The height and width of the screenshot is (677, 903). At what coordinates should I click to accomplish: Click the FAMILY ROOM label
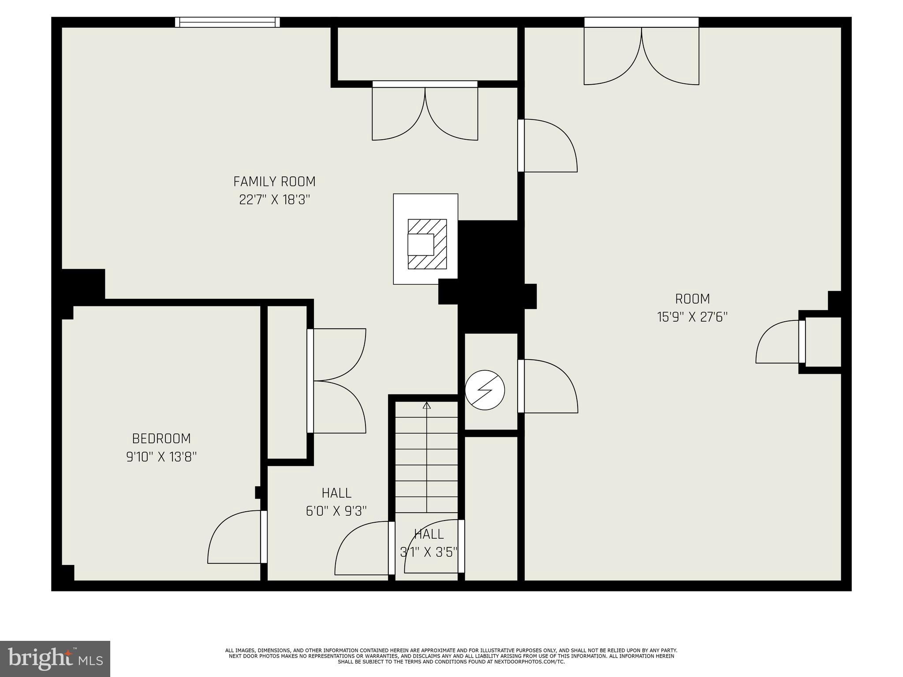point(274,182)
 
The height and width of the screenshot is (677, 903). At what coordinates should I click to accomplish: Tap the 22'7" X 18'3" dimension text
point(274,200)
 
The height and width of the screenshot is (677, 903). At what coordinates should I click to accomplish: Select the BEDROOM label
point(161,439)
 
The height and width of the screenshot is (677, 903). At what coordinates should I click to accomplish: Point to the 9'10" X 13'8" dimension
point(161,457)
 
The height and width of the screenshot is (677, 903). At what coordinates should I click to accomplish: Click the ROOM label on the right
point(692,299)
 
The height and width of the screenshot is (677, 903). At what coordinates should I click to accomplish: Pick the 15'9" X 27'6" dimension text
point(692,317)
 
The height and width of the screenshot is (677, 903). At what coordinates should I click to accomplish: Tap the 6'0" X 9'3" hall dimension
point(336,511)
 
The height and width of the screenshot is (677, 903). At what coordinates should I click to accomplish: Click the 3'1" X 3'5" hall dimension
point(429,552)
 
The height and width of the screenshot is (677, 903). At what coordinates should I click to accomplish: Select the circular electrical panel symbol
point(485,390)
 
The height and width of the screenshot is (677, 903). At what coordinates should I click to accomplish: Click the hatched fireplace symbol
point(427,244)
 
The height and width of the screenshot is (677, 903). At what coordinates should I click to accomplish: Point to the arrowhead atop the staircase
point(426,405)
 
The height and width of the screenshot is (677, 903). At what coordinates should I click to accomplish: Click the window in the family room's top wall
point(228,22)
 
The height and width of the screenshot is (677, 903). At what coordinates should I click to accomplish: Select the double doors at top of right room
point(641,55)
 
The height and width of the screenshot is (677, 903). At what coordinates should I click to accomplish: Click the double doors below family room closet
point(425,112)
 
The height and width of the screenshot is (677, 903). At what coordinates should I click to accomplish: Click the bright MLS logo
point(55,658)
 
